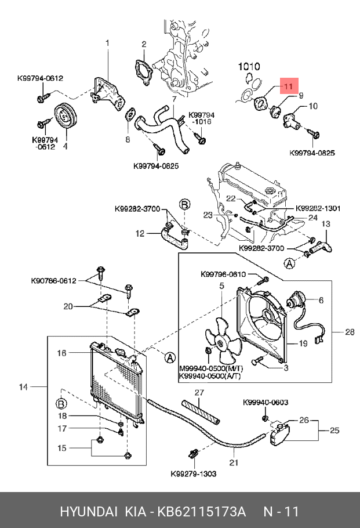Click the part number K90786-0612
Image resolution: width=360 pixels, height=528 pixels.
click(x=53, y=281)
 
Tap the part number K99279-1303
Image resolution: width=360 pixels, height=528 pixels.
click(x=193, y=473)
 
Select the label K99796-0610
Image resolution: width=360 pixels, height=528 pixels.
click(x=223, y=274)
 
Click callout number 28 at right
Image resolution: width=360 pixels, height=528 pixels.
click(x=349, y=332)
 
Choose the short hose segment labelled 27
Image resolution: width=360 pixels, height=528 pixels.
click(x=200, y=410)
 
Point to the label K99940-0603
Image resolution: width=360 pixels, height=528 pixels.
click(x=265, y=402)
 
